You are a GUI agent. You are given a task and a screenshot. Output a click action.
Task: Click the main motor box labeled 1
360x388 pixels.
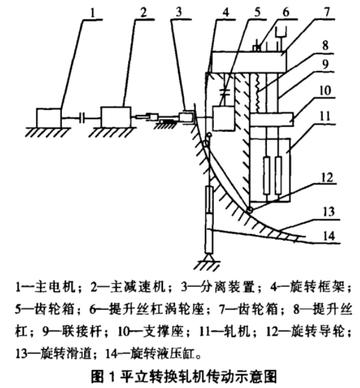(x=49, y=118)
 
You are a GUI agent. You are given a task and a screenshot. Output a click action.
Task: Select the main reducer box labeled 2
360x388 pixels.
(x=116, y=117)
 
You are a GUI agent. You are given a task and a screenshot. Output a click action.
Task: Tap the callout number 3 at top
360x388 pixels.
(x=178, y=11)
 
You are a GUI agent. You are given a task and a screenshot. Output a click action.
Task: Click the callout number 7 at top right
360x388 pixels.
(x=327, y=11)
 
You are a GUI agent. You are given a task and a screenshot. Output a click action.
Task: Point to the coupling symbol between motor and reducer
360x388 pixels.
(x=82, y=118)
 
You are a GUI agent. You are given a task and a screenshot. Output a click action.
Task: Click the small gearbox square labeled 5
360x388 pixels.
(x=224, y=119)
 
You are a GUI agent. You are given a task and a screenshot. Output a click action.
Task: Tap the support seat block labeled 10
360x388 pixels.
(x=272, y=120)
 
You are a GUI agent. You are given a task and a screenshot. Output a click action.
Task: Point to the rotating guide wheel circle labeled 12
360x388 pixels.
(x=249, y=211)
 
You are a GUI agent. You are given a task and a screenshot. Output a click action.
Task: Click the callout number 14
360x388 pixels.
(x=329, y=236)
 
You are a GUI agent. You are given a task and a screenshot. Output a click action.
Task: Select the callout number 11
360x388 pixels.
(x=325, y=116)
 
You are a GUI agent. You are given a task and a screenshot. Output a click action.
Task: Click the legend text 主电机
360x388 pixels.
(x=55, y=287)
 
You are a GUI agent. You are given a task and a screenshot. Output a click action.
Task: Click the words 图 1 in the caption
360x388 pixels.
(x=103, y=376)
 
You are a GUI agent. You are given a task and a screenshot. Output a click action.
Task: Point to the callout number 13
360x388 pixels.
(x=329, y=212)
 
